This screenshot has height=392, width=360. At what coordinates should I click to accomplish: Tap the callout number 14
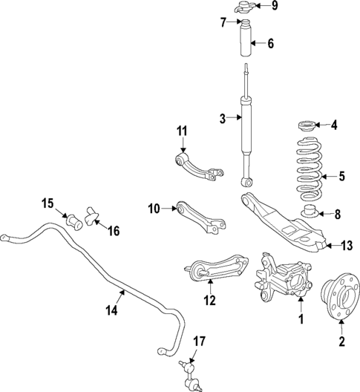pyautogui.click(x=112, y=313)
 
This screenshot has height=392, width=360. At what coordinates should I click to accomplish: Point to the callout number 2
pyautogui.click(x=342, y=342)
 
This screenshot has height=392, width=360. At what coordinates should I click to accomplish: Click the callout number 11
pyautogui.click(x=182, y=132)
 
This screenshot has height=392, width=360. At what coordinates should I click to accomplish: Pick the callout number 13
pyautogui.click(x=347, y=245)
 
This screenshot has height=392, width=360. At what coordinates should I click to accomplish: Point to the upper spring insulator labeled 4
pyautogui.click(x=306, y=125)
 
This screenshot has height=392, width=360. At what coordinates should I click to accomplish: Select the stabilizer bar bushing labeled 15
pyautogui.click(x=73, y=220)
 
